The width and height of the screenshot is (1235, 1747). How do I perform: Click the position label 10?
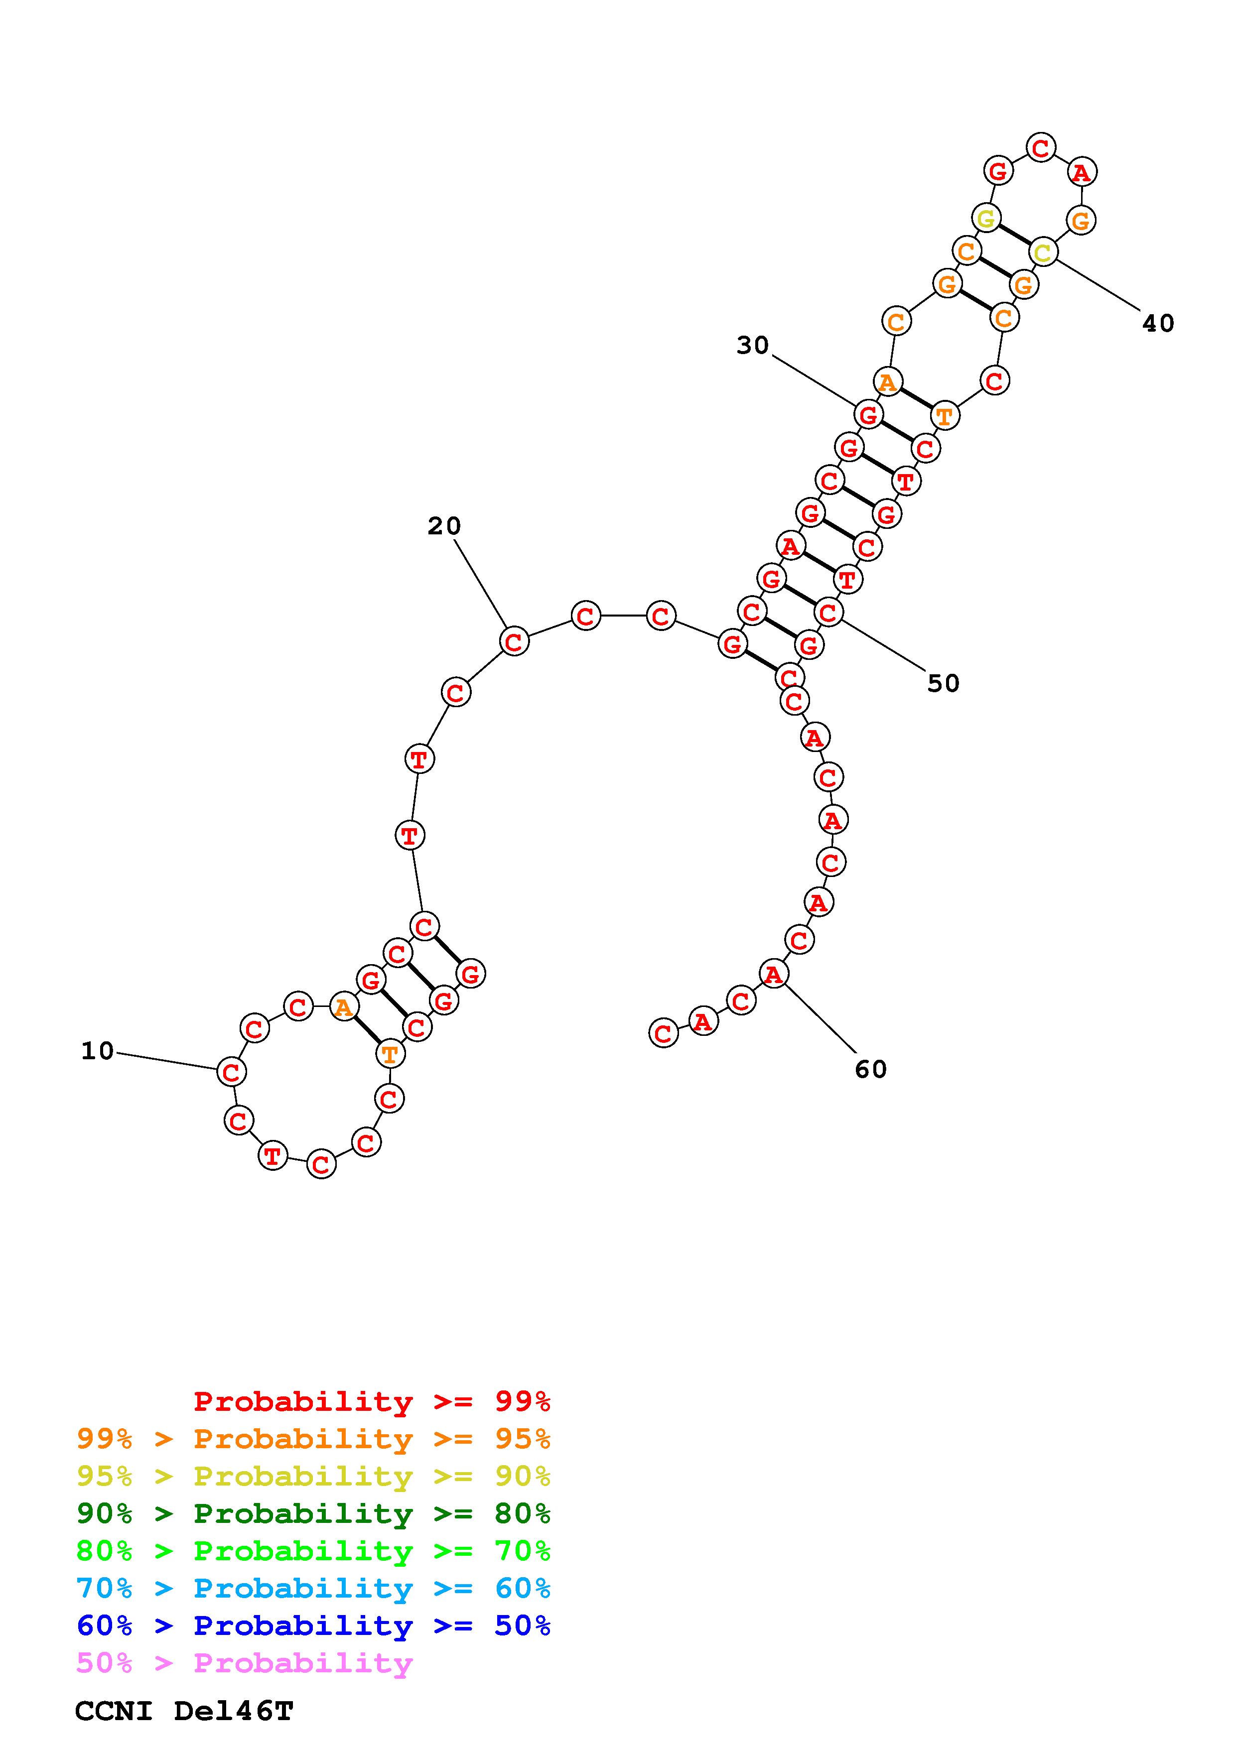click(x=98, y=1052)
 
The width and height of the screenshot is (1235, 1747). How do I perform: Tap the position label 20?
click(x=444, y=526)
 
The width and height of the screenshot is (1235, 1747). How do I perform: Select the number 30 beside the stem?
click(x=753, y=346)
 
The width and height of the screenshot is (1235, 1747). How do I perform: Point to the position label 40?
click(x=1158, y=323)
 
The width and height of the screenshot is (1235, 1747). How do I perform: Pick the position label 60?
click(x=870, y=1070)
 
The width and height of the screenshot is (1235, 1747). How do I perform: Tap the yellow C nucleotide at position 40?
click(x=1043, y=252)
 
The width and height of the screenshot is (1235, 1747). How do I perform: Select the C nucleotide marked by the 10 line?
click(x=231, y=1072)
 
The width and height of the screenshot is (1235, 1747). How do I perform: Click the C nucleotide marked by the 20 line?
click(x=515, y=641)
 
